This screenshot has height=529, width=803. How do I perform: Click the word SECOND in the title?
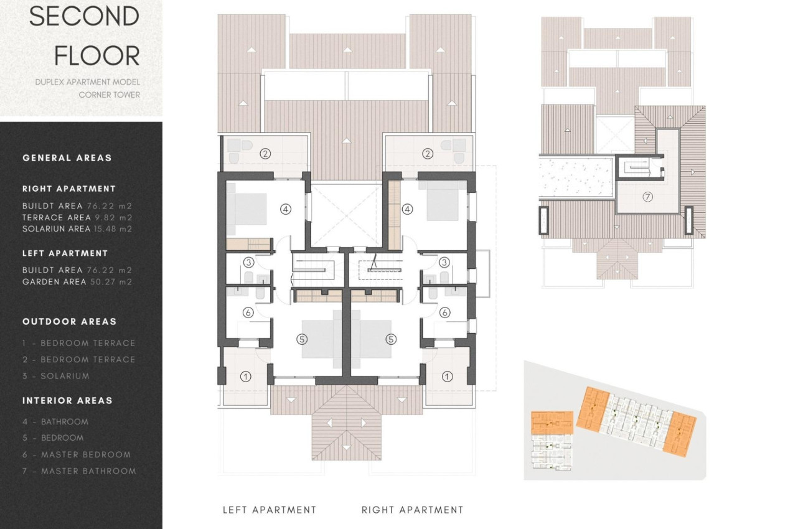(x=84, y=16)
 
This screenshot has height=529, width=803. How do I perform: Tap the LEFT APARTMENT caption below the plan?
(x=270, y=510)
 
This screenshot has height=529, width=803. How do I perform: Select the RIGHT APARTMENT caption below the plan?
(x=412, y=510)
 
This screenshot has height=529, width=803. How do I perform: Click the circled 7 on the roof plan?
(x=647, y=197)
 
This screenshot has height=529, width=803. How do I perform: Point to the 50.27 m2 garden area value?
(x=111, y=282)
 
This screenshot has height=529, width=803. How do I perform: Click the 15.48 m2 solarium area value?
(x=113, y=228)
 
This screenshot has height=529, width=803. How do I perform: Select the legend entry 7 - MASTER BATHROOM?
(x=79, y=471)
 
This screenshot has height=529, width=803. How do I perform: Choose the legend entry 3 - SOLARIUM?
(x=56, y=376)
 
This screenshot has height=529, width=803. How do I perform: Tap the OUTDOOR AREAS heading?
(x=70, y=322)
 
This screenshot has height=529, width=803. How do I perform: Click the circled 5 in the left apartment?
(x=302, y=339)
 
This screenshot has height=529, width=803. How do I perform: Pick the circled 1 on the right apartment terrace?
(x=447, y=377)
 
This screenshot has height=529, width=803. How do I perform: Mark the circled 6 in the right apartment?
(x=445, y=312)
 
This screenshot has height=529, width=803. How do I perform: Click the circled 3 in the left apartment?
(x=249, y=263)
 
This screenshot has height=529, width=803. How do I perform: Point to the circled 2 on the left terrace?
(x=265, y=154)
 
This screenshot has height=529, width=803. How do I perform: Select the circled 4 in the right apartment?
(x=407, y=209)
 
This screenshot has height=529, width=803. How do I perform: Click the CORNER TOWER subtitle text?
(x=110, y=95)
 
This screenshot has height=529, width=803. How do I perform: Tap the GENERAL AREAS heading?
(x=67, y=157)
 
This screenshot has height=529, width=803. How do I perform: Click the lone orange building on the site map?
(x=552, y=423)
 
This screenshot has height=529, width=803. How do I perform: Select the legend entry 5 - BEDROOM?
(x=53, y=438)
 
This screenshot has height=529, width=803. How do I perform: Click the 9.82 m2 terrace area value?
(x=114, y=218)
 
